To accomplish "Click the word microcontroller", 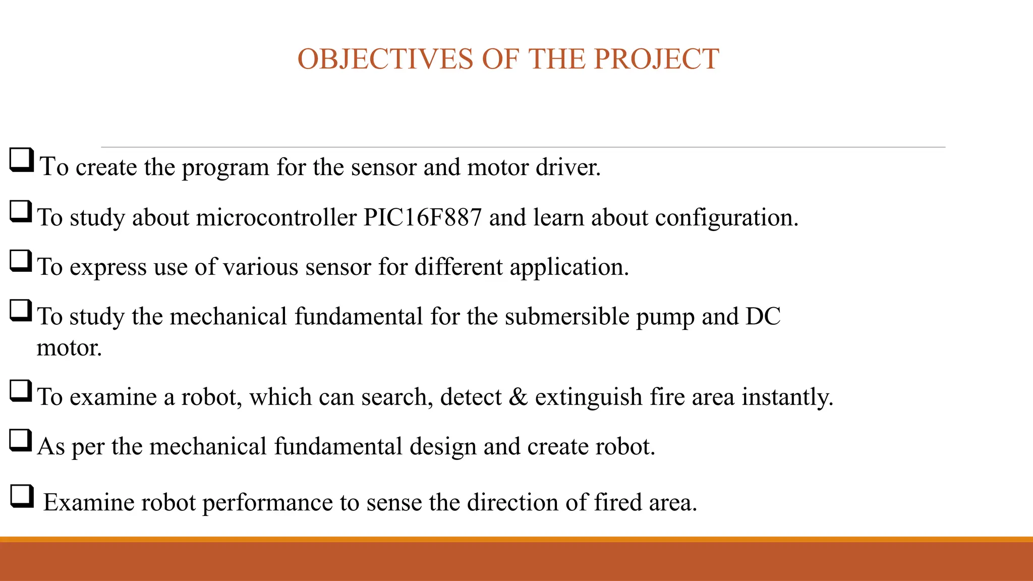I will (276, 217).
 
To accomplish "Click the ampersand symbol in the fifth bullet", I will (518, 397).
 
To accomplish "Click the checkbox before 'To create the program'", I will (22, 160).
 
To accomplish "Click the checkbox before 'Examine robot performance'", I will (22, 496).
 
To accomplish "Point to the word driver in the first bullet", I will (568, 167).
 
